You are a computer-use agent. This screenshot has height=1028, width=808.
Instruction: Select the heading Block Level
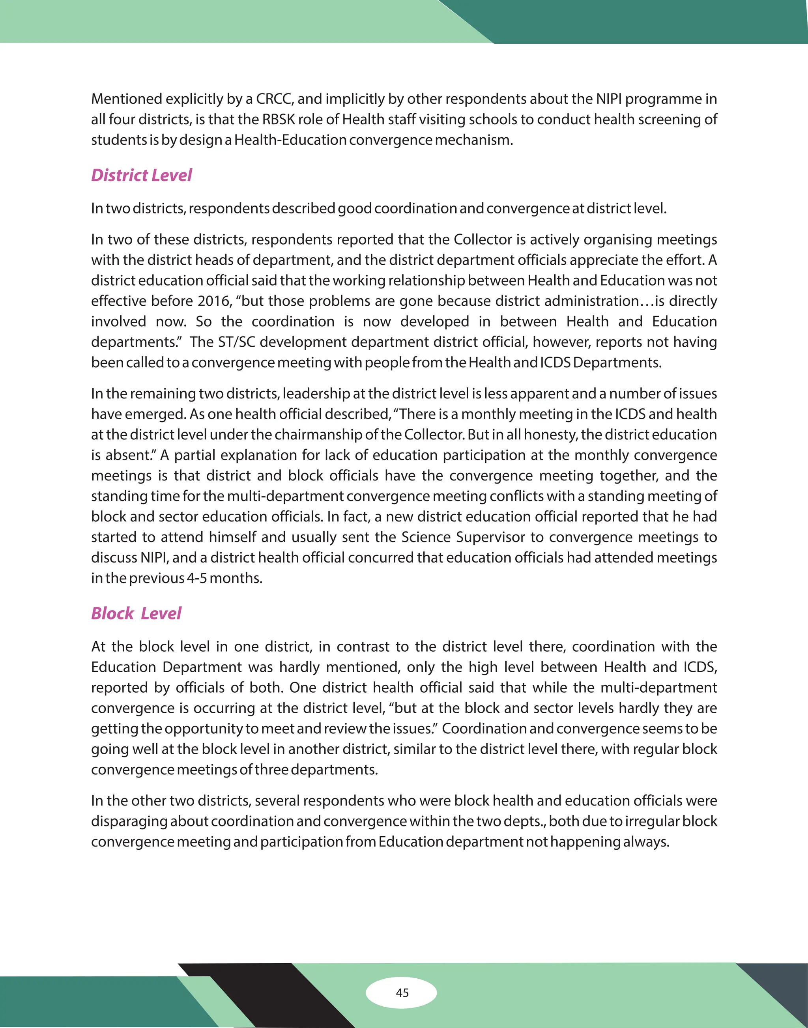[x=136, y=613]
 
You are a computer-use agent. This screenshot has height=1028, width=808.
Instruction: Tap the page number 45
[x=402, y=992]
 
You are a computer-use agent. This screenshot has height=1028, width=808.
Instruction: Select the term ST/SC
[x=237, y=342]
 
